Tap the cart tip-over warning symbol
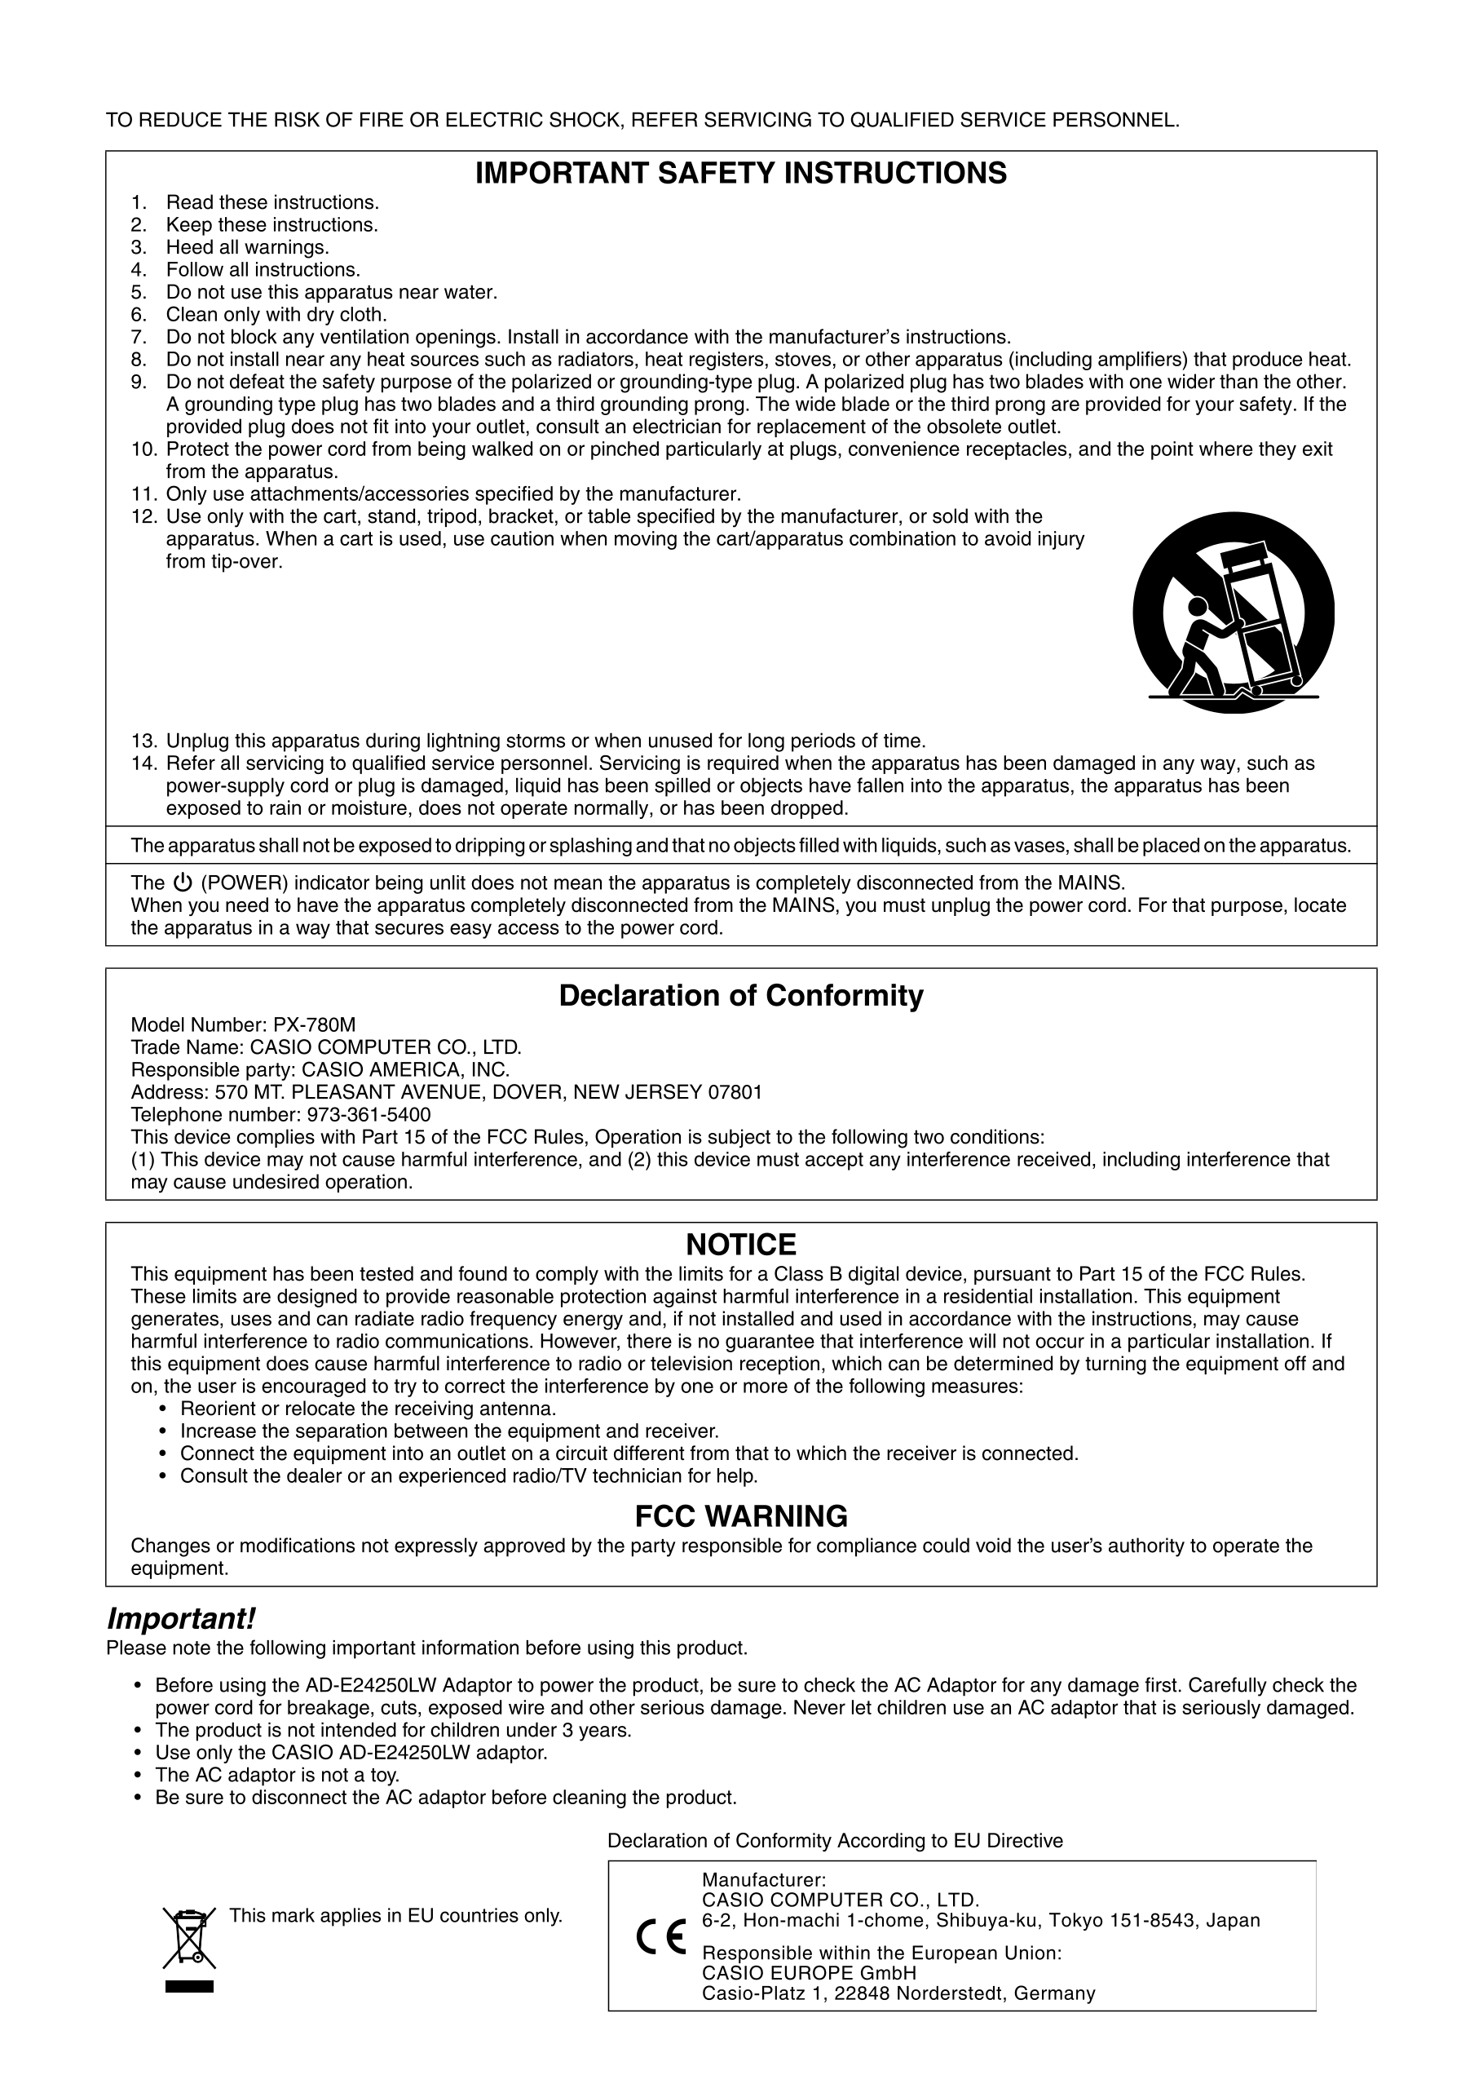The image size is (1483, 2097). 1233,613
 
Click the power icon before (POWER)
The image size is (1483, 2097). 183,883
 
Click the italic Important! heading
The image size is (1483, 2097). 181,1619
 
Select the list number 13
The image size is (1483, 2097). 144,741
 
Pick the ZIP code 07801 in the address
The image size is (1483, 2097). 735,1092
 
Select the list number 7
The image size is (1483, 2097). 139,337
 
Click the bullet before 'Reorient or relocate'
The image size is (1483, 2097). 163,1409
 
